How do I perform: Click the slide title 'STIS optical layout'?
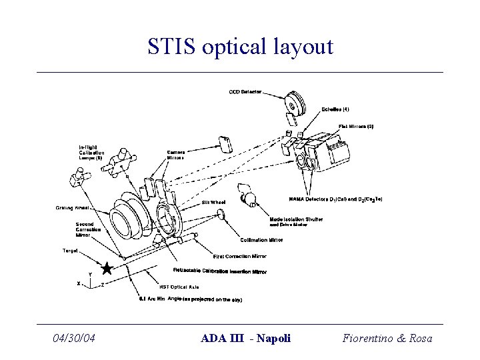pos(239,47)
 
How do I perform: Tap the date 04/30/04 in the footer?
pos(74,338)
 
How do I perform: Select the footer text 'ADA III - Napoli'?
pos(245,338)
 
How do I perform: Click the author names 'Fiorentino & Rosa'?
pos(387,338)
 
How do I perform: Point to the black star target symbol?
pos(106,268)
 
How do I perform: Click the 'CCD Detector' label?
pos(245,91)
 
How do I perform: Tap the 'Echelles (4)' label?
pos(335,109)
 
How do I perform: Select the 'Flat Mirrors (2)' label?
pos(356,126)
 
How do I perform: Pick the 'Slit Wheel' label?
pos(214,201)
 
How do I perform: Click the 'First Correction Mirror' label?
pos(240,256)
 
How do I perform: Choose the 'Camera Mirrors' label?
pos(177,155)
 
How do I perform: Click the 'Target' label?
pos(70,251)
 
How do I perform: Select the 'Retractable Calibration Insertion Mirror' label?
pos(220,271)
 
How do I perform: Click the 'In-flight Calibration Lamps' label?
pos(92,153)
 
